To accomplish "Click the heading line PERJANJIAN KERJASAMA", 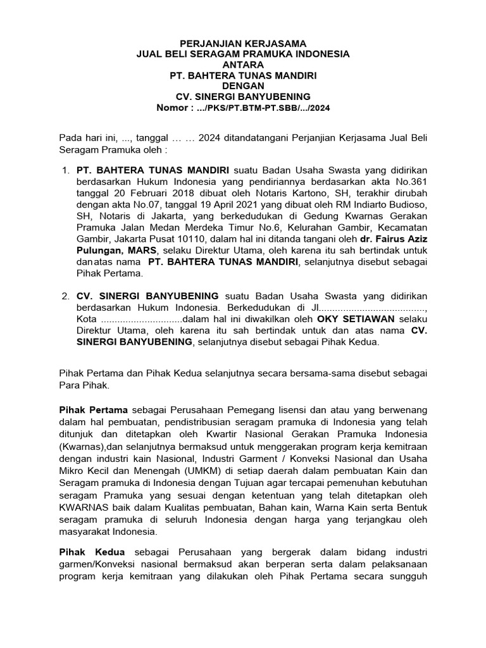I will (243, 43).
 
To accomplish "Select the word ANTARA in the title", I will (243, 65).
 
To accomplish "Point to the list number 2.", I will (65, 296).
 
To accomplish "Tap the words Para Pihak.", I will (84, 385).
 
